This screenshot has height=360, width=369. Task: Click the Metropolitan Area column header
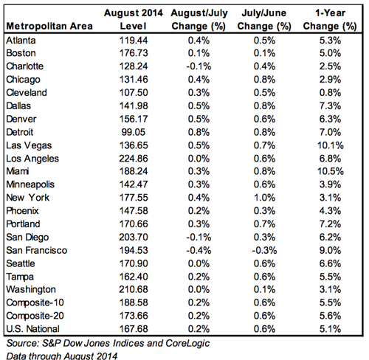(49, 26)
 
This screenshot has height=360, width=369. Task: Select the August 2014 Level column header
(134, 19)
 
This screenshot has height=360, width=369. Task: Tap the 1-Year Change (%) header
(330, 19)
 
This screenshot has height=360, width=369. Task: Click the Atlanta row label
(21, 41)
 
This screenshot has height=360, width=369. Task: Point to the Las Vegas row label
(29, 145)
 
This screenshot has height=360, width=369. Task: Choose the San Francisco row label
(37, 250)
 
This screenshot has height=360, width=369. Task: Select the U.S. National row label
(33, 329)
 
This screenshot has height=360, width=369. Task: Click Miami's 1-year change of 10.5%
(331, 171)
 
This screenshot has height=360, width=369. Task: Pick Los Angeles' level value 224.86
(134, 159)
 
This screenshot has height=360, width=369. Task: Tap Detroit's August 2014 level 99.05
(134, 132)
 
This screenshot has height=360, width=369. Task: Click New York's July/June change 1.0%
(264, 198)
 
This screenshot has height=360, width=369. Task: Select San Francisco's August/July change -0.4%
(199, 250)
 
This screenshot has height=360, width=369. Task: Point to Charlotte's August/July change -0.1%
(199, 66)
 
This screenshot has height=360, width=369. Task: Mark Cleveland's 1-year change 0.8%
(331, 93)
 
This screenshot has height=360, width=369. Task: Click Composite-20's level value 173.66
(134, 316)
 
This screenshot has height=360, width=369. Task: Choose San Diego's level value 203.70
(134, 238)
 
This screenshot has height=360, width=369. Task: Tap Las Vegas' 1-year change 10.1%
(331, 145)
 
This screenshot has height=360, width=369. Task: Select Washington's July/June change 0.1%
(264, 289)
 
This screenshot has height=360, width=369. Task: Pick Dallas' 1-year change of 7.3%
(331, 106)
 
